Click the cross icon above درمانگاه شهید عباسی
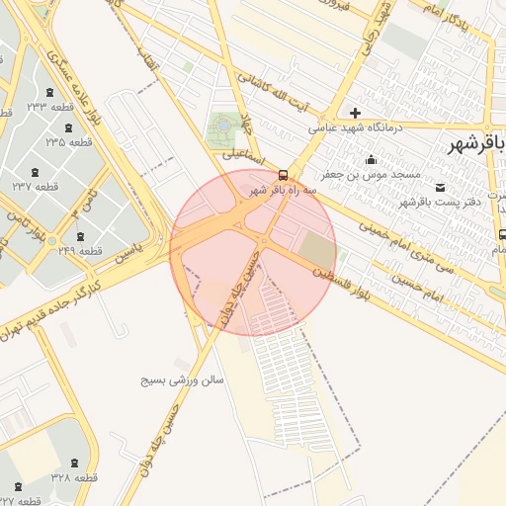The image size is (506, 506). [x=355, y=113]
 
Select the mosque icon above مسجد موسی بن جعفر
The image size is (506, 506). [x=372, y=160]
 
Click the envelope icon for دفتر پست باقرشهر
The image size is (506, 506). [x=440, y=187]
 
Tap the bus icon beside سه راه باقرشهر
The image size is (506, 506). [x=284, y=171]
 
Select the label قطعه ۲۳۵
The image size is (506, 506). [x=68, y=142]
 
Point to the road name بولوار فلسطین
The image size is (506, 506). [x=352, y=286]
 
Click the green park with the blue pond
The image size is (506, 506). [x=222, y=127]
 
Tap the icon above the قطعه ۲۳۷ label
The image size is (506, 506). [x=36, y=170]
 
